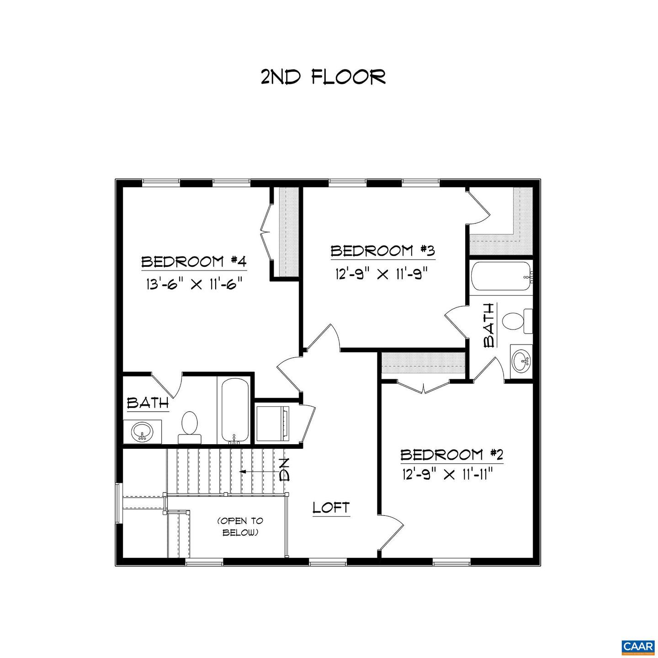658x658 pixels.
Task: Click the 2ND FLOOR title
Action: (323, 77)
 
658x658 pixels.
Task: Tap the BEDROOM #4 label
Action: (194, 262)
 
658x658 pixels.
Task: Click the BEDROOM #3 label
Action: (382, 251)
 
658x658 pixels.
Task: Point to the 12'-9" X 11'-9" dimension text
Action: (382, 274)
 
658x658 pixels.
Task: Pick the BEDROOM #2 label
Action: (445, 455)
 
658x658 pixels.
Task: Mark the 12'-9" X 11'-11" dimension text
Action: (446, 476)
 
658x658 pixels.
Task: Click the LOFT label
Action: (331, 508)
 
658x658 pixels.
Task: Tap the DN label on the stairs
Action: (284, 470)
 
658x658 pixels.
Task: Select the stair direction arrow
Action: (256, 471)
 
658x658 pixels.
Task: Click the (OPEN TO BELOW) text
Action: (240, 526)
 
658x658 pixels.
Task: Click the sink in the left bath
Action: (142, 431)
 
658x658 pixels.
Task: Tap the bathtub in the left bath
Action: (235, 410)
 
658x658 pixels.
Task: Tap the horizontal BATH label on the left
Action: (148, 403)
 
